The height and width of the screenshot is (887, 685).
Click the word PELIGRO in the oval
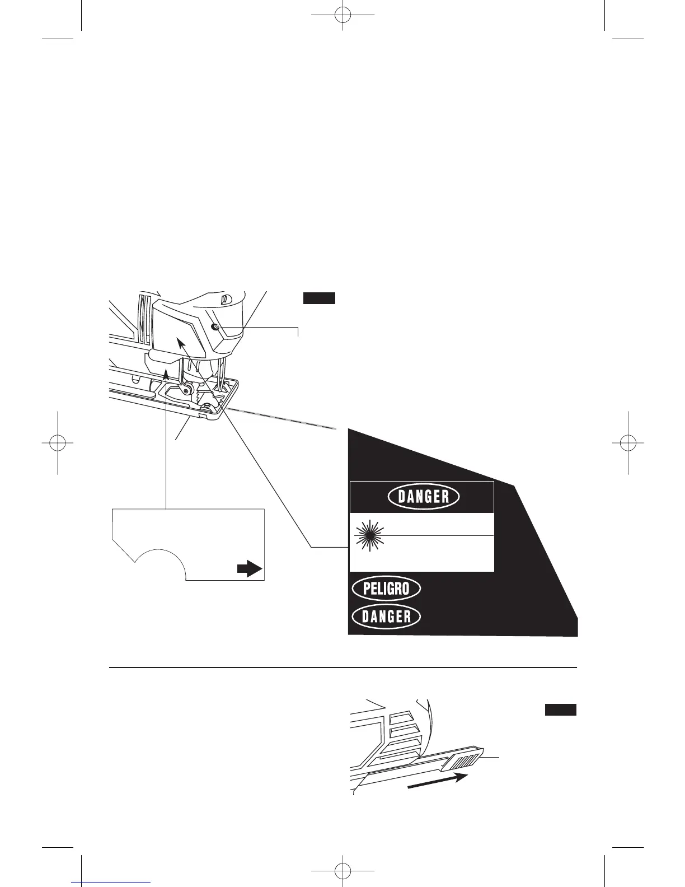point(386,589)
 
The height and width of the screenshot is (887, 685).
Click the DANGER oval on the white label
point(424,497)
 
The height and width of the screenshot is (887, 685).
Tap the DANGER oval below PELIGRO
point(386,617)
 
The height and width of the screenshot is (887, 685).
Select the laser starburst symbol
point(369,536)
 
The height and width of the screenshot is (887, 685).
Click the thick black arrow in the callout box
point(249,569)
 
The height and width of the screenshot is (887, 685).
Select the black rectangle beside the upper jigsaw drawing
point(319,298)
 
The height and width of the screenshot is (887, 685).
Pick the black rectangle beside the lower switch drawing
point(561,710)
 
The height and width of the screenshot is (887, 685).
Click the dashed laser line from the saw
point(280,419)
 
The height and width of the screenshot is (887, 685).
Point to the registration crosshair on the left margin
point(57,442)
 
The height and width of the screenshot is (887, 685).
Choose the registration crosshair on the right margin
point(628,442)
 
